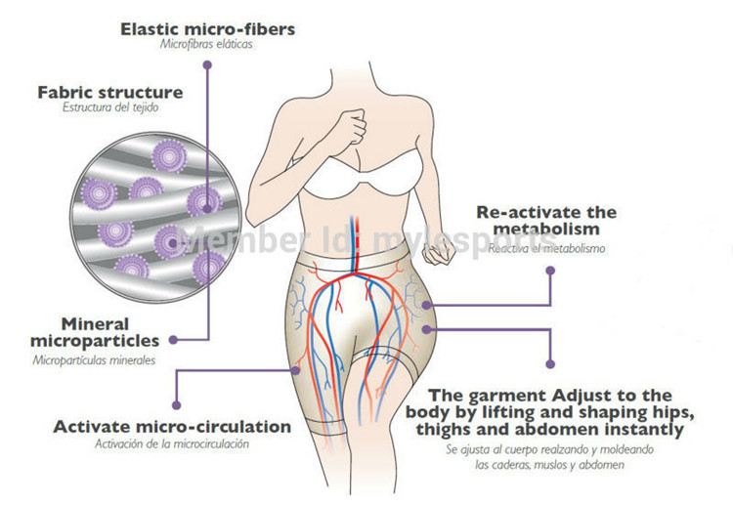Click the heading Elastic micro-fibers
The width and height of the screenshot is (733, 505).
click(x=207, y=28)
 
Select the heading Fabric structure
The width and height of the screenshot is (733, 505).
click(x=109, y=92)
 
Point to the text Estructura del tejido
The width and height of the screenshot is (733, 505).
click(x=109, y=108)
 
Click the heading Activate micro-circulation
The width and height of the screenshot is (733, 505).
click(x=172, y=427)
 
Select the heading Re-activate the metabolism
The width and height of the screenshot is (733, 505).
click(x=546, y=220)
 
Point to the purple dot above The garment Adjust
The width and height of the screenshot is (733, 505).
click(x=550, y=364)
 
